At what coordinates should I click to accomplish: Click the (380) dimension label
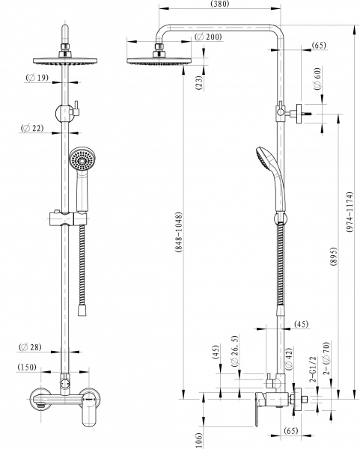[219, 5]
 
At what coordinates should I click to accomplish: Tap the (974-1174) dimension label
[351, 216]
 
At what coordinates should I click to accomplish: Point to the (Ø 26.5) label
[235, 361]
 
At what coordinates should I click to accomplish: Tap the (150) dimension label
[29, 367]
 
